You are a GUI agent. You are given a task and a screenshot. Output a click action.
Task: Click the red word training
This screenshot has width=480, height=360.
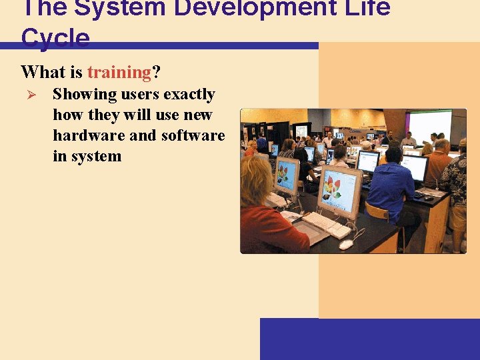tap(119, 72)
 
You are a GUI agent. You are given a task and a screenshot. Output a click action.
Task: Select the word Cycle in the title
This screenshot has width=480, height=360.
tap(55, 38)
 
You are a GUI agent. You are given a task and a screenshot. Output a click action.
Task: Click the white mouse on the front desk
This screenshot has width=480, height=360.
tap(345, 244)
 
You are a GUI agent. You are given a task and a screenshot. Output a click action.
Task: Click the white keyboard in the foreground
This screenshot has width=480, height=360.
tap(326, 225)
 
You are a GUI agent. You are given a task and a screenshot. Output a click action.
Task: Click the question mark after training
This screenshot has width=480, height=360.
tap(157, 72)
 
